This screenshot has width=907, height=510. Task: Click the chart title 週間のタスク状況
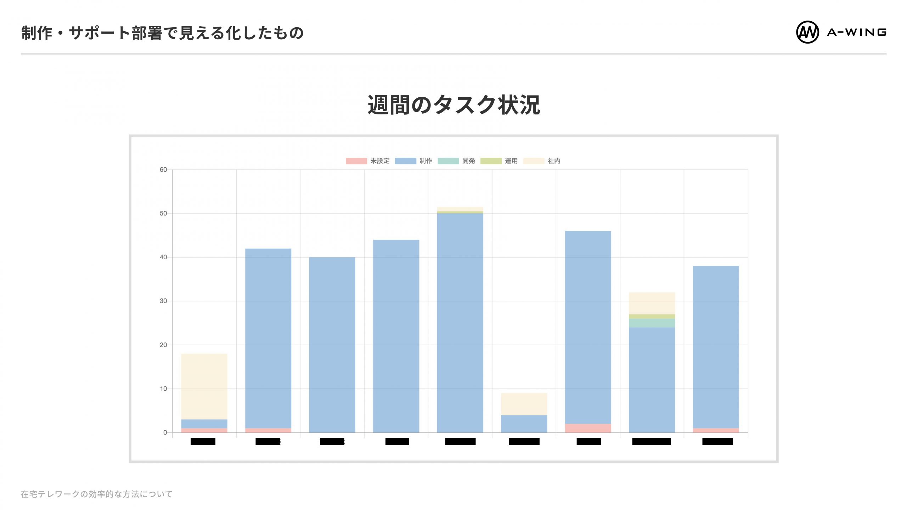(453, 105)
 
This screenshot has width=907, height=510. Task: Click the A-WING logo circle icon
(807, 32)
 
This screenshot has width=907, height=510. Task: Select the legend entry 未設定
(368, 161)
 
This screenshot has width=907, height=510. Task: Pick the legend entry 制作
(414, 161)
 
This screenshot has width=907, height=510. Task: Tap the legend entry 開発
(457, 161)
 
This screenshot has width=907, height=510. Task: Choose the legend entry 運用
(499, 161)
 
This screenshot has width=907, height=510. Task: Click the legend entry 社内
(542, 161)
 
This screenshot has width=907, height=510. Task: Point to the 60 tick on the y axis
(163, 170)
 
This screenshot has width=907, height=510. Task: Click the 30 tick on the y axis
(163, 301)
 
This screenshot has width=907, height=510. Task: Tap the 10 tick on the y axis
(163, 389)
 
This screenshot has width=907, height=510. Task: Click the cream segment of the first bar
(204, 386)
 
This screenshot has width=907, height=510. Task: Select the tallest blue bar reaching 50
(460, 322)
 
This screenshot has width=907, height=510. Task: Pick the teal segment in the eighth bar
(652, 323)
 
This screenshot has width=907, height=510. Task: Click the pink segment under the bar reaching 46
(588, 428)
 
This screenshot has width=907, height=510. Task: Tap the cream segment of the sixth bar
(524, 404)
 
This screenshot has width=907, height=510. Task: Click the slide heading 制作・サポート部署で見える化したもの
(162, 33)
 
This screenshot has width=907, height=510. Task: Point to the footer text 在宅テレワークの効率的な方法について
(96, 494)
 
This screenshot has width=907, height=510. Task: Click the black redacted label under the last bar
(717, 441)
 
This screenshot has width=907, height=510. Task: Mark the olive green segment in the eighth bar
(652, 316)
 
